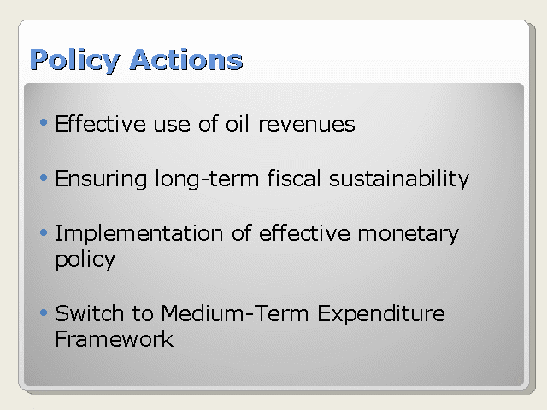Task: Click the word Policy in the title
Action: [x=75, y=61]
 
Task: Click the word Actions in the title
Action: [x=186, y=60]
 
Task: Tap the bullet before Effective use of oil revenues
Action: [x=44, y=122]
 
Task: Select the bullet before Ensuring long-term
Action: [x=44, y=178]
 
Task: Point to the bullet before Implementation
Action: [x=44, y=232]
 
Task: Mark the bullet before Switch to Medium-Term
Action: [x=44, y=313]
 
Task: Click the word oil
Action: [x=238, y=123]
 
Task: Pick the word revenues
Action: [x=307, y=125]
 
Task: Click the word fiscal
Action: [x=294, y=179]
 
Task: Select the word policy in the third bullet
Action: [x=85, y=260]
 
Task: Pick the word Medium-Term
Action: [x=235, y=313]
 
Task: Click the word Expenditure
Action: [x=381, y=314]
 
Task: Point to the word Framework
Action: [x=115, y=339]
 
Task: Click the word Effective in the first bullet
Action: [x=101, y=123]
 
